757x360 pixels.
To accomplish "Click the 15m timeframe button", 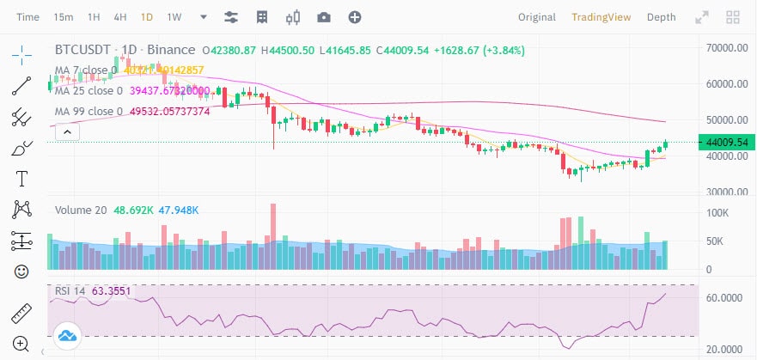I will coord(63,17).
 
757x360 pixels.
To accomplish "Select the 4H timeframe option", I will coord(120,17).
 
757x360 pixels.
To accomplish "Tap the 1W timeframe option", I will coord(174,17).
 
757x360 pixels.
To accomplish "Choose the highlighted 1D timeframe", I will coord(147,17).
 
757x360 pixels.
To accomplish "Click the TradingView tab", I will coord(601,17).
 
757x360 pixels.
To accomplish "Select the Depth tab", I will coord(661,17).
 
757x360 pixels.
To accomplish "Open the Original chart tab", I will coord(537,17).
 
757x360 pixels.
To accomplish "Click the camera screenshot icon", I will coord(323,17).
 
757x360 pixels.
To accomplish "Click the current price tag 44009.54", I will coord(726,142).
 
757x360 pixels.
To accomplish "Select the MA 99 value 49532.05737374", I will coord(169,112).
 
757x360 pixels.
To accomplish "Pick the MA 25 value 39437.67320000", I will coord(169,91).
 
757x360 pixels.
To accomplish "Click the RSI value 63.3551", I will coord(111,291).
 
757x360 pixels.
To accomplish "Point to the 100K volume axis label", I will coord(717,212).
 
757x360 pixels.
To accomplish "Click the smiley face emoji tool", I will coord(21,272).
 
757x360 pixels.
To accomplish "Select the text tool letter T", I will coord(21,179).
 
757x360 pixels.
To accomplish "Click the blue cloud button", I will coord(66,336).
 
